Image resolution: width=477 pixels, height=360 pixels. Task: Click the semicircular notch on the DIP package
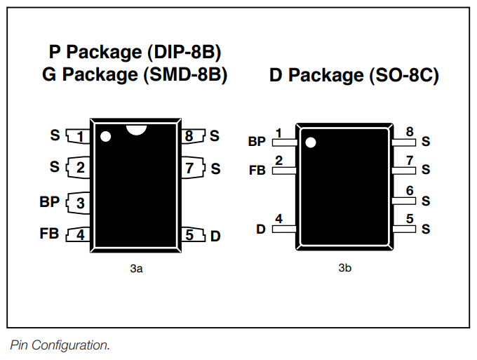tap(137, 129)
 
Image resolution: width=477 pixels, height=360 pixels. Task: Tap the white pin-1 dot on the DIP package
tap(105, 136)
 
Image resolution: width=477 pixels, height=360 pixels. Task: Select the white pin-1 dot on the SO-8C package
tap(311, 142)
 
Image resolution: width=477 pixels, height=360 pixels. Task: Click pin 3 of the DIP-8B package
tap(78, 203)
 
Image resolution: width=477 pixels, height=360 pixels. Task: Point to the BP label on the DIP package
tap(49, 202)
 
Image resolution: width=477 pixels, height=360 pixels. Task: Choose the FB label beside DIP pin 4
tap(49, 234)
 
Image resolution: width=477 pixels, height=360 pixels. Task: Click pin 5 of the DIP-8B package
tap(193, 234)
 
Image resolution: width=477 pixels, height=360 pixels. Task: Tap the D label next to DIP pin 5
tap(215, 236)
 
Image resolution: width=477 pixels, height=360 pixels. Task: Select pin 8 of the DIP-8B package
tap(193, 135)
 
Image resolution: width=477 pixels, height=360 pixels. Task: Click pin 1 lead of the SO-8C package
tap(284, 142)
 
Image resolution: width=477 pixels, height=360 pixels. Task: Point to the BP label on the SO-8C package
tap(257, 142)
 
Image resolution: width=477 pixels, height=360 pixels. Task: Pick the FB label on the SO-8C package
tap(257, 171)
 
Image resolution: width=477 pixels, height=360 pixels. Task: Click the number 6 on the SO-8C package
tap(410, 191)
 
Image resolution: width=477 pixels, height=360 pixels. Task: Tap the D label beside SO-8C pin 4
tap(261, 229)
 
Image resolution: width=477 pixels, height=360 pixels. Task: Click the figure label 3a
tap(136, 269)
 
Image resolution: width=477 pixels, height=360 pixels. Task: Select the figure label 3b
tap(344, 268)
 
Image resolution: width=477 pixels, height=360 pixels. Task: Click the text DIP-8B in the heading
tap(184, 52)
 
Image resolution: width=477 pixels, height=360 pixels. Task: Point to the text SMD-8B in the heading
tap(186, 74)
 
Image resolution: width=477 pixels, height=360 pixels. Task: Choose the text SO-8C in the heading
tap(404, 75)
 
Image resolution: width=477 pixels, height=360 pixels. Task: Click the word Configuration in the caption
tap(70, 345)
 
